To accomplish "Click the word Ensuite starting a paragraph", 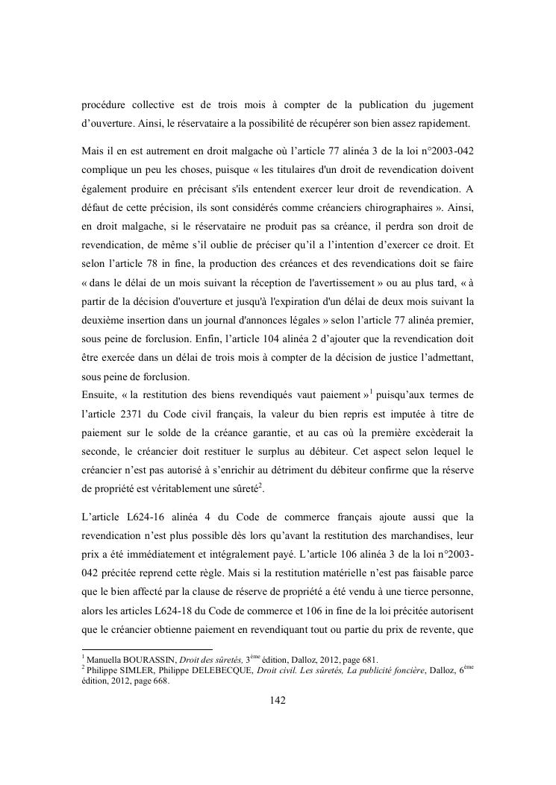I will [101, 393].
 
